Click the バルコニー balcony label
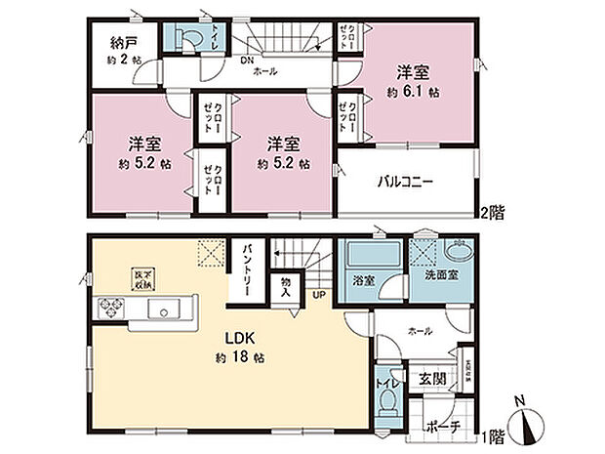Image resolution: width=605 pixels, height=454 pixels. (405, 182)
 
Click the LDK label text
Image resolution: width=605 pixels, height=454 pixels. (240, 338)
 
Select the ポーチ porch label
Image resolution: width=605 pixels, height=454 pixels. (436, 427)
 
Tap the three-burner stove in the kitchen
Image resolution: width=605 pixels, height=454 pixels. (109, 310)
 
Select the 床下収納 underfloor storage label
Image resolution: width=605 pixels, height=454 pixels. (141, 276)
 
